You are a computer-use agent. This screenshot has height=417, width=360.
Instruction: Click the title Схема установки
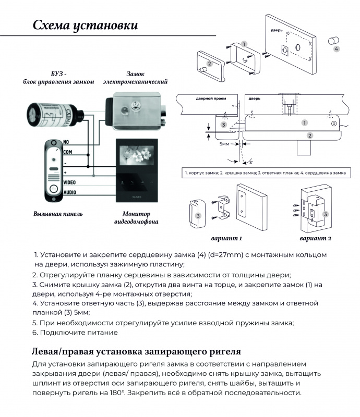[85, 25]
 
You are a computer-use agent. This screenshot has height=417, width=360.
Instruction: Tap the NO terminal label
[66, 142]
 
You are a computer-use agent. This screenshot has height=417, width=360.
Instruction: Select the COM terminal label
[69, 152]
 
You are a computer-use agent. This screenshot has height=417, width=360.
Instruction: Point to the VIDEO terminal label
[70, 182]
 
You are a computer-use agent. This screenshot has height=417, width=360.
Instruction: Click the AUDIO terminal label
[70, 192]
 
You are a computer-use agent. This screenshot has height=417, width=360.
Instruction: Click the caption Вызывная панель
[58, 214]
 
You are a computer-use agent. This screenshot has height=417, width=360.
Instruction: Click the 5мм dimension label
[225, 143]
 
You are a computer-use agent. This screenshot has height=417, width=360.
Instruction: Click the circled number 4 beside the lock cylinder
[336, 48]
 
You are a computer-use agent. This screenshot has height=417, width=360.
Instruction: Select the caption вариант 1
[226, 239]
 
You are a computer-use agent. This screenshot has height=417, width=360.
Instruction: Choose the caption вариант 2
[316, 239]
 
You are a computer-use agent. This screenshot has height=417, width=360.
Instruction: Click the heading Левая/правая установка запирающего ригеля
[136, 350]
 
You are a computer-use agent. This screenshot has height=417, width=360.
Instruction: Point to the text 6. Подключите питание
[75, 333]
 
